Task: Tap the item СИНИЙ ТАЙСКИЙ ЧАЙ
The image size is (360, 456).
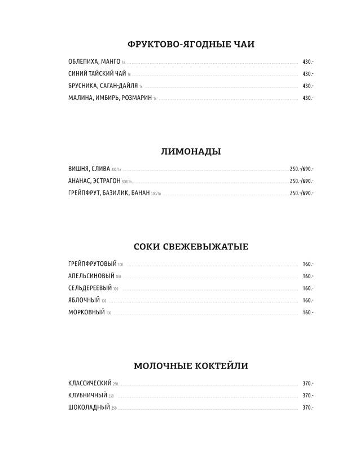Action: coord(96,74)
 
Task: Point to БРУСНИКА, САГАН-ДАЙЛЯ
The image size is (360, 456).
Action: coord(102,86)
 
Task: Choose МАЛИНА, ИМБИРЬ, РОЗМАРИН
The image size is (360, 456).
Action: coord(109,98)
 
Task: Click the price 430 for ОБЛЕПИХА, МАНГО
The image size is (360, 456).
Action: coord(308,62)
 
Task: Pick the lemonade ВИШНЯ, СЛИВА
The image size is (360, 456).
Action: coord(88,169)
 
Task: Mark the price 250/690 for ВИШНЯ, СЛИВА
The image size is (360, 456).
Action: coord(301,169)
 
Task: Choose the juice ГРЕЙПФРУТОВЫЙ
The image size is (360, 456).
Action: coord(92,264)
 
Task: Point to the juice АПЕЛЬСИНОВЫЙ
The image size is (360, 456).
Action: coord(91,276)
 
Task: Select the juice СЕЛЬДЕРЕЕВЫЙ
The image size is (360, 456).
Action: coord(89,288)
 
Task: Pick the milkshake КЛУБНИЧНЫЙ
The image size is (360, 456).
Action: coord(87,395)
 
